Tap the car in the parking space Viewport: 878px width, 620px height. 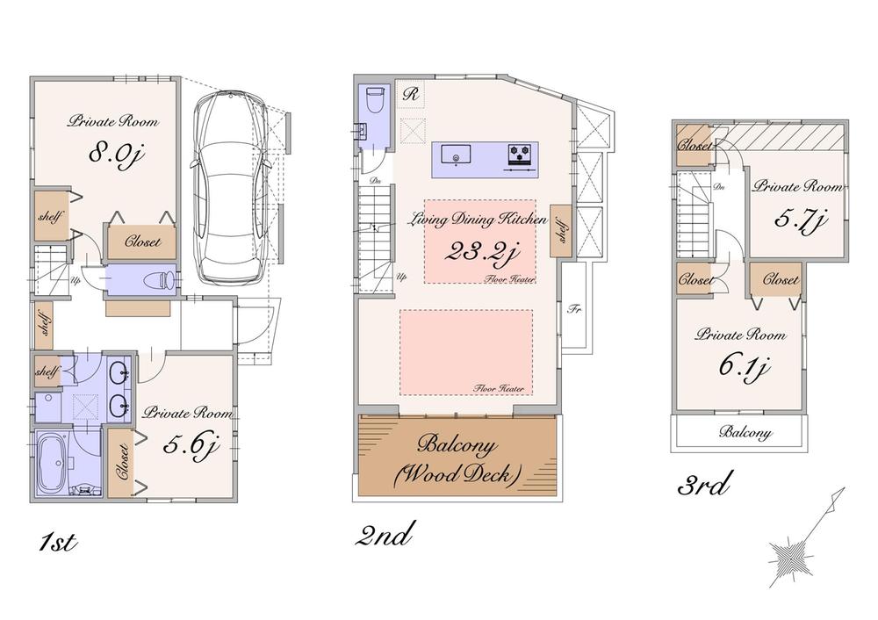pyautogui.click(x=230, y=186)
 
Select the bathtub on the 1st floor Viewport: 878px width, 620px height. pyautogui.click(x=56, y=462)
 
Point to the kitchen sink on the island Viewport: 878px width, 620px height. pyautogui.click(x=457, y=157)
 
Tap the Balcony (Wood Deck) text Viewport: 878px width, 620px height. pyautogui.click(x=457, y=457)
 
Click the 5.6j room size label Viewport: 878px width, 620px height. pyautogui.click(x=190, y=446)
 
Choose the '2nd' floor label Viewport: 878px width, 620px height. pyautogui.click(x=385, y=534)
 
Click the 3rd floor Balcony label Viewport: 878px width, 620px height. pyautogui.click(x=745, y=432)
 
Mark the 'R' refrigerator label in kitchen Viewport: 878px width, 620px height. pyautogui.click(x=410, y=92)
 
